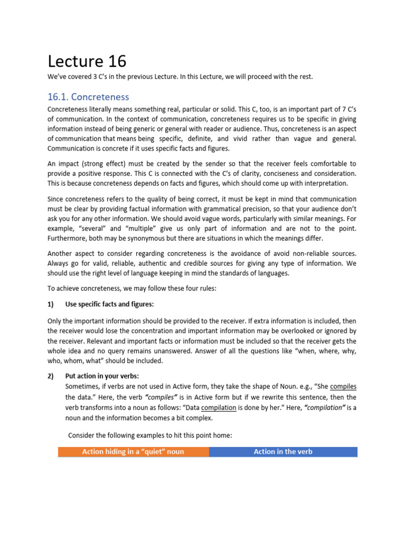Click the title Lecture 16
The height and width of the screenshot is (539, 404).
click(x=87, y=62)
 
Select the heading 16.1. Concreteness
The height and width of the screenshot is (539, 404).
click(x=88, y=97)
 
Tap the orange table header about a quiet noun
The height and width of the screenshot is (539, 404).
click(x=133, y=452)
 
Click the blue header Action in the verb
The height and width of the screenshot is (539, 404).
click(x=283, y=452)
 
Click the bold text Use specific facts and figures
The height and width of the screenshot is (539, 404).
click(x=109, y=304)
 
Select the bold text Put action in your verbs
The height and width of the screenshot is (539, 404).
click(x=102, y=376)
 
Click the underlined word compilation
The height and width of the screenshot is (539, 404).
click(x=218, y=407)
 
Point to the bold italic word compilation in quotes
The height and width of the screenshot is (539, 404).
click(x=323, y=407)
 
